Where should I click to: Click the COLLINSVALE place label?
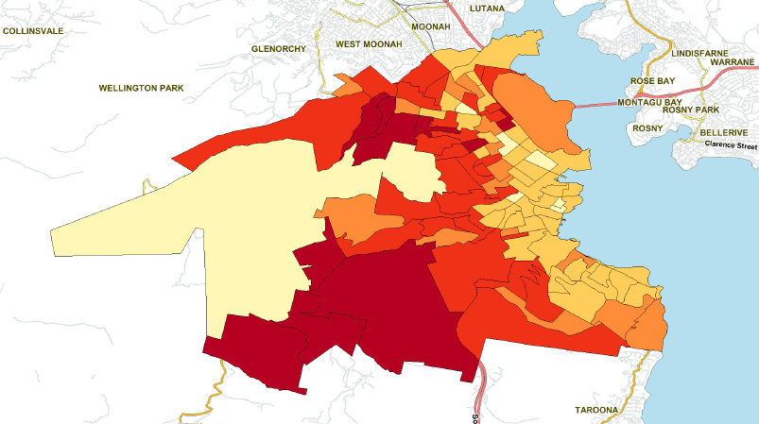[x=33, y=30]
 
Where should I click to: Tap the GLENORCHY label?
[x=280, y=48]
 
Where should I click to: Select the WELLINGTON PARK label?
[x=141, y=88]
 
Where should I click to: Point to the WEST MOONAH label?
[x=369, y=44]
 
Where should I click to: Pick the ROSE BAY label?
[x=653, y=81]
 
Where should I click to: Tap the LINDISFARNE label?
[x=700, y=54]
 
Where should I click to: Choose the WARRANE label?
[x=733, y=61]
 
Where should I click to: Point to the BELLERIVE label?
[x=725, y=133]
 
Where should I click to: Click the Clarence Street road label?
[x=729, y=146]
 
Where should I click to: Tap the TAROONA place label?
[x=595, y=410]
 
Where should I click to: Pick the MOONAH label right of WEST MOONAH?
[x=431, y=26]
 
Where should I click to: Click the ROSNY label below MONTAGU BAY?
[x=648, y=127]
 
